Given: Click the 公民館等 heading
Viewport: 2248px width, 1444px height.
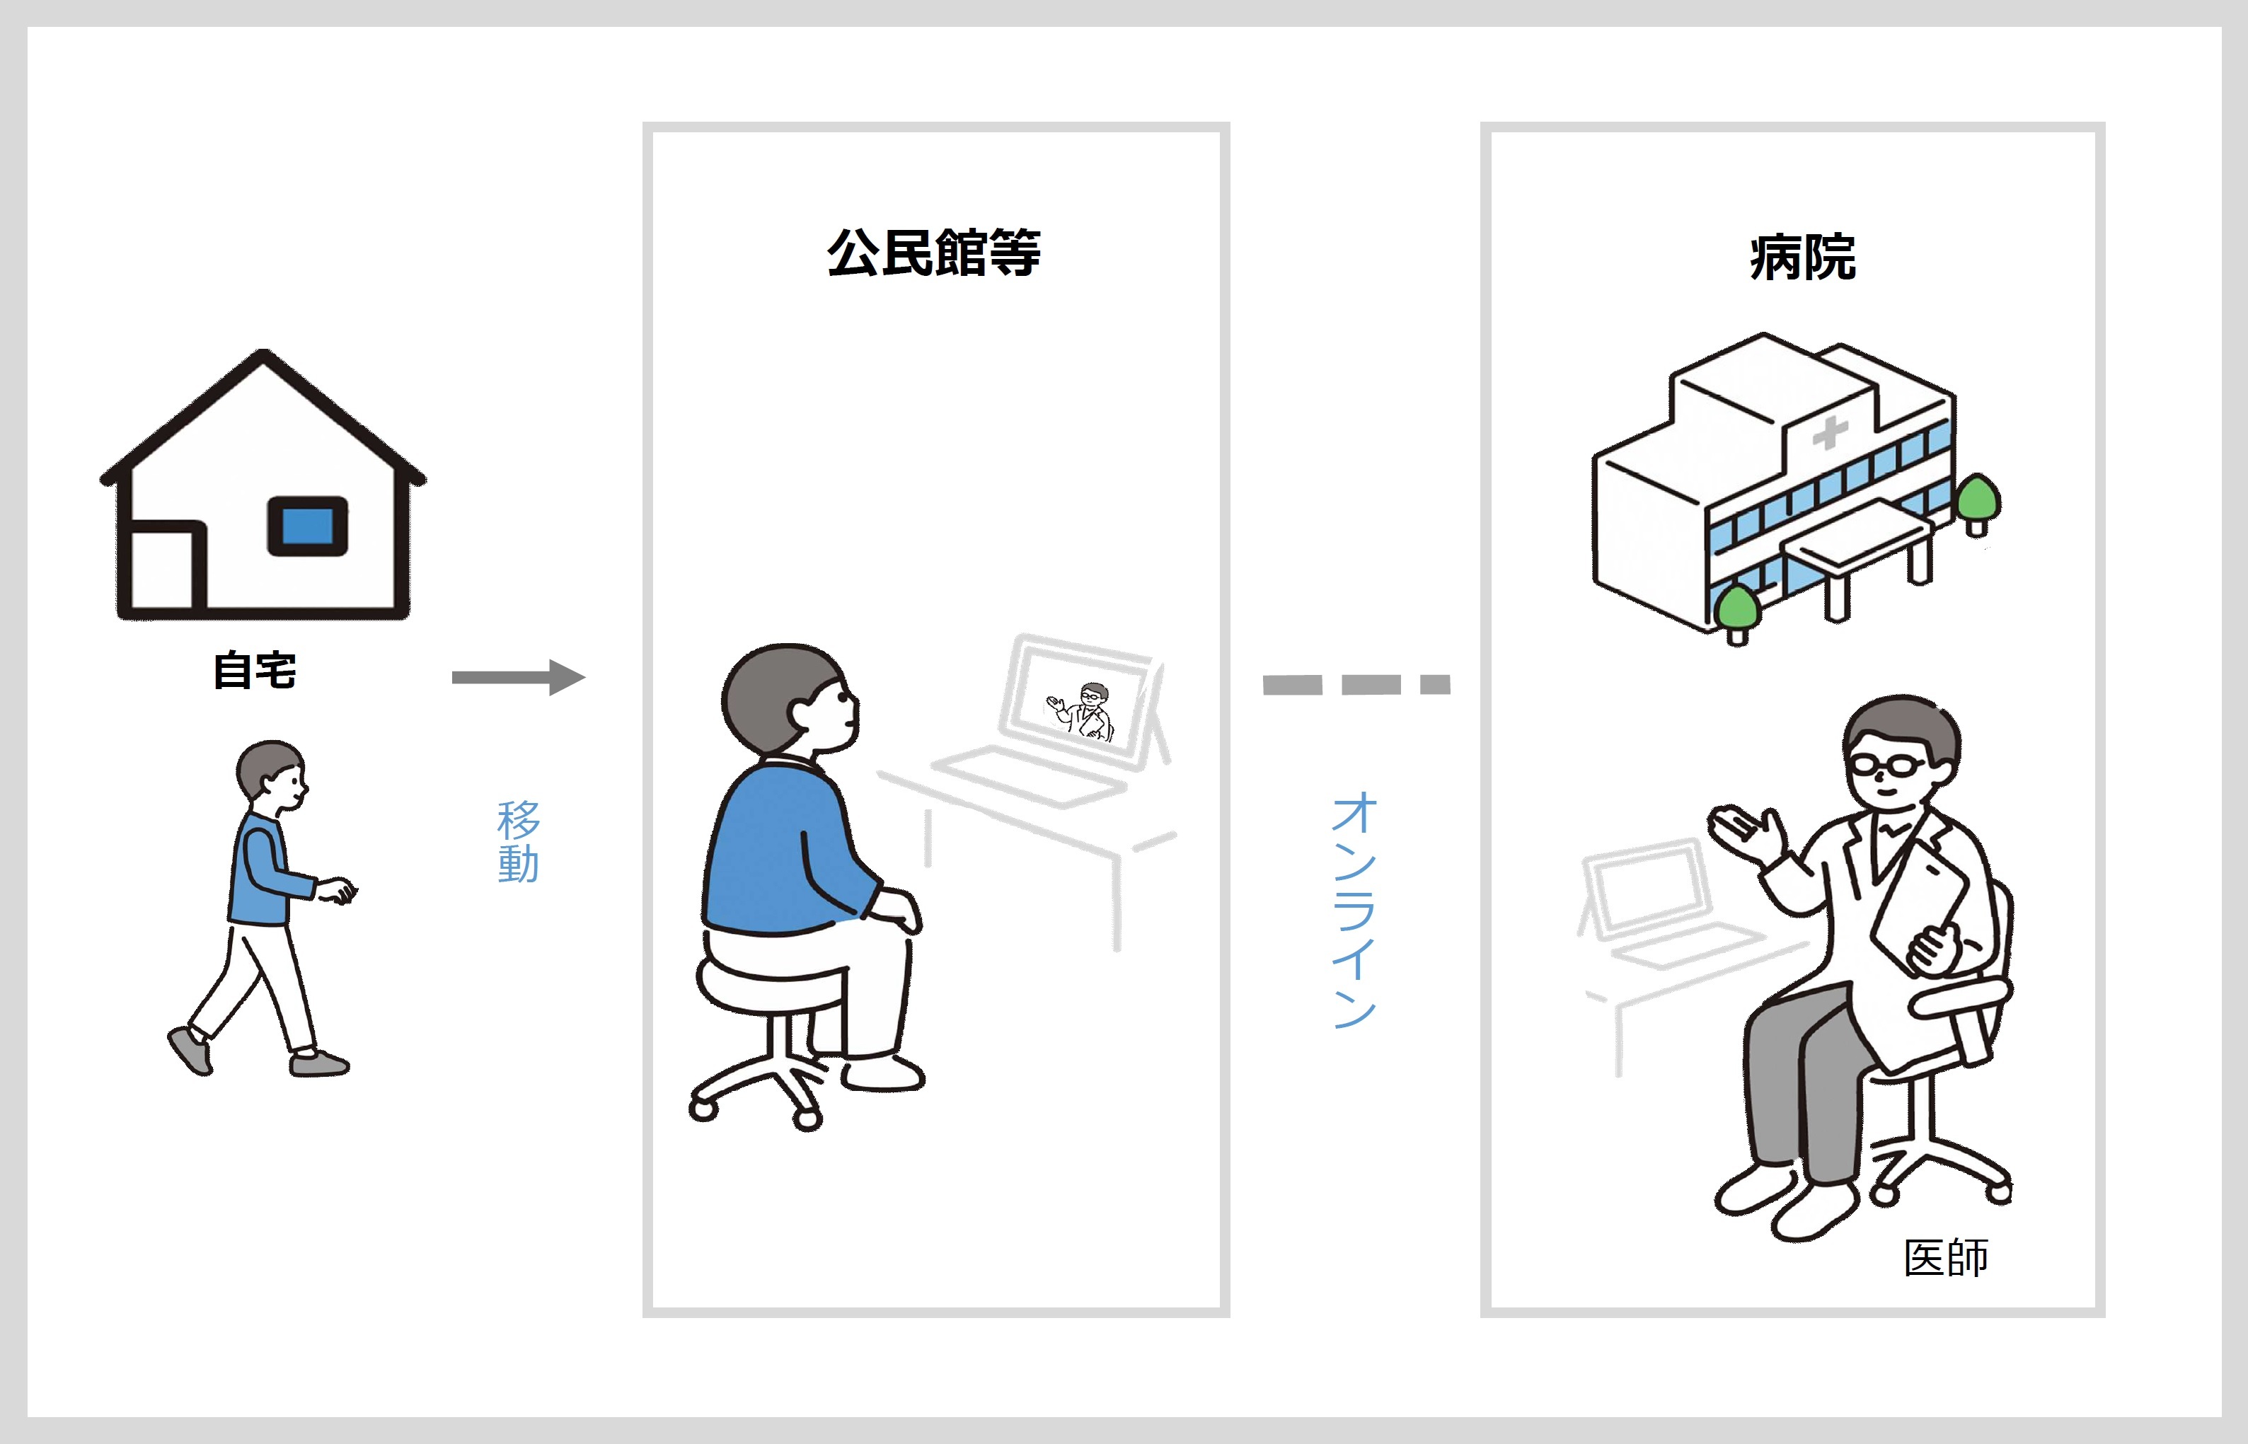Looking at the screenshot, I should [x=933, y=253].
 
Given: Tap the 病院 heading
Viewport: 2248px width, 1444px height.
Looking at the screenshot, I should [x=1802, y=258].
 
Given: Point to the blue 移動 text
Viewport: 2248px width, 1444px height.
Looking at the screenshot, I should [x=518, y=841].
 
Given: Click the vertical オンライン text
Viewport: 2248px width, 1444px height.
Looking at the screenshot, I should [x=1354, y=910].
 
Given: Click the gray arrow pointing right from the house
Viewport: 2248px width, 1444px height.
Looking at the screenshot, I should [x=518, y=677].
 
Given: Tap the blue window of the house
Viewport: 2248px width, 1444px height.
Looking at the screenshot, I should [x=308, y=526].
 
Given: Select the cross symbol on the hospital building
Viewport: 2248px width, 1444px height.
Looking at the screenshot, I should [x=1829, y=433].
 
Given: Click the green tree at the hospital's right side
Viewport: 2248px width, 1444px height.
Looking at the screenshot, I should [x=1977, y=499].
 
